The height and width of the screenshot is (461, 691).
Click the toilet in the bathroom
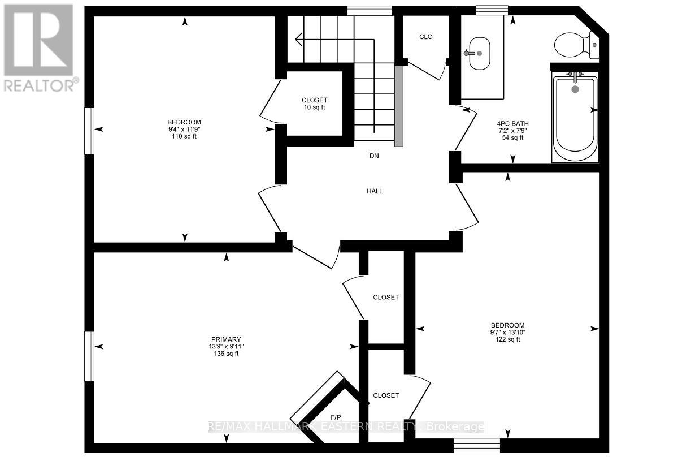point(576,45)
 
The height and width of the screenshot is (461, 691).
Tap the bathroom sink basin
point(479,53)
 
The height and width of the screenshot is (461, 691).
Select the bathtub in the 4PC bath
point(575,117)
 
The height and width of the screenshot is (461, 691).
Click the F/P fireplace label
point(336,417)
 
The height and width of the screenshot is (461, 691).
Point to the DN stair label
point(374,156)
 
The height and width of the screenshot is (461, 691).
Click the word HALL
point(375,191)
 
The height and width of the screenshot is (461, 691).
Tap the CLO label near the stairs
point(425,37)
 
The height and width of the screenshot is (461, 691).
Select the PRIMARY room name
point(226,339)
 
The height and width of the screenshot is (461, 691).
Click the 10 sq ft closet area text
point(314,107)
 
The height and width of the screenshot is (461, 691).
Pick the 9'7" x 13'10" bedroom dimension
point(507,332)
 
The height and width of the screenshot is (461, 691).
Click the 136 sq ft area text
point(226,354)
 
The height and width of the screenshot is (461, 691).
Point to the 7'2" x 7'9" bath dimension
point(512,130)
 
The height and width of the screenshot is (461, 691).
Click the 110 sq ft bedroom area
point(184,136)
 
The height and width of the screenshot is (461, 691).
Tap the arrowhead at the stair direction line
point(299,40)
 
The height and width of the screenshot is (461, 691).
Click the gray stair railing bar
point(399,106)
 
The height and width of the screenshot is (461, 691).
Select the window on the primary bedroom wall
point(89,356)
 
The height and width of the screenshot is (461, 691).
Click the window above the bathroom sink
point(492,11)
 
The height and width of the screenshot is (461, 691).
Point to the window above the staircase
point(370,11)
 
